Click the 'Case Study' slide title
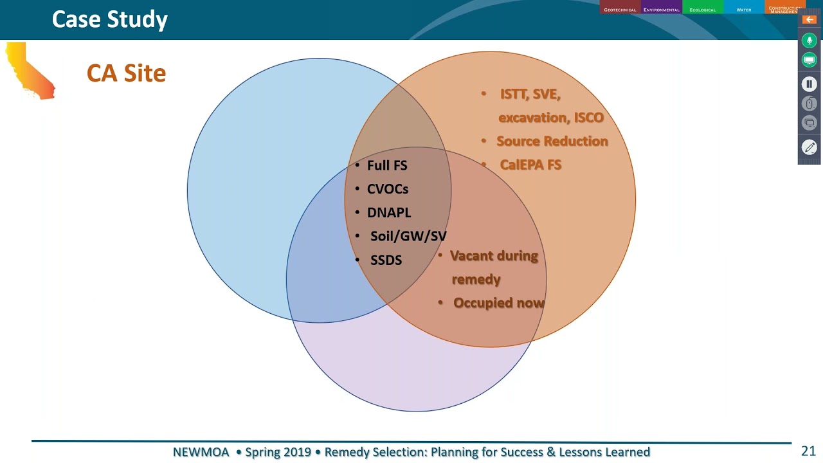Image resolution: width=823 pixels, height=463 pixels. (109, 19)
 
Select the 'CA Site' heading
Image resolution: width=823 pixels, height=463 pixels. (126, 73)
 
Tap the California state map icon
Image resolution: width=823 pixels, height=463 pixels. (30, 71)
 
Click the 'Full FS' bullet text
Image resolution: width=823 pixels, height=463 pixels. (386, 165)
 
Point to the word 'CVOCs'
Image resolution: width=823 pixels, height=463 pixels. (387, 189)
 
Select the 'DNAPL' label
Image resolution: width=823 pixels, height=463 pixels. (388, 213)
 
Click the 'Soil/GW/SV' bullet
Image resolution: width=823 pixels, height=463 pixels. (408, 236)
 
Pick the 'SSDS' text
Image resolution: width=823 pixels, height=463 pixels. (386, 260)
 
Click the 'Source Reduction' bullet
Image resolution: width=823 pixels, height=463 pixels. (552, 141)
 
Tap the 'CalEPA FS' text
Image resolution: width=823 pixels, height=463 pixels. (530, 165)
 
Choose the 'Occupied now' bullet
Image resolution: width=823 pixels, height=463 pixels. (498, 303)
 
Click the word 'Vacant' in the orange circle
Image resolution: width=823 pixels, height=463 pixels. (471, 256)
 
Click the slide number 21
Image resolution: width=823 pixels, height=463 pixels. (808, 451)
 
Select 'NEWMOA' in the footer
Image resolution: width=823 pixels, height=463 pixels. (201, 452)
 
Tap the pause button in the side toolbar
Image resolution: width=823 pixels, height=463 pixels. (809, 84)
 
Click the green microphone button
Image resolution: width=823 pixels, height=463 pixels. (809, 41)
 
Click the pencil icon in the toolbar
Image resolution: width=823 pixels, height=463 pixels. (809, 147)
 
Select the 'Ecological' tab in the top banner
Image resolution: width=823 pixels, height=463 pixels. (702, 8)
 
